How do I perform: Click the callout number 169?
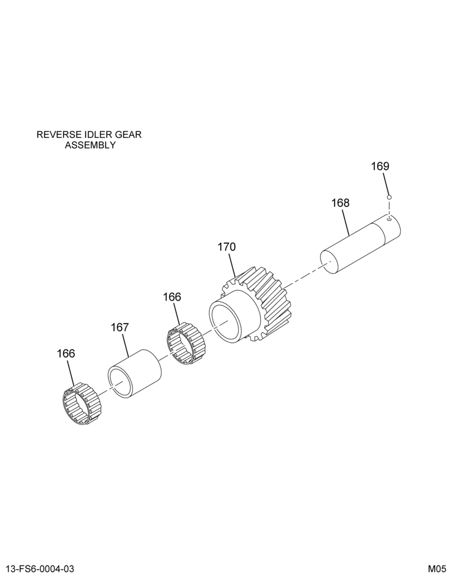(x=380, y=166)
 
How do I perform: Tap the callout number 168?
(x=340, y=203)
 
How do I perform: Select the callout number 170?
(x=226, y=247)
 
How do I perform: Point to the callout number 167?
(x=120, y=327)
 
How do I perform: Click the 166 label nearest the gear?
(x=172, y=297)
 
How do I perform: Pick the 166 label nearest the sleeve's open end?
(x=66, y=354)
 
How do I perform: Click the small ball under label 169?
(x=389, y=197)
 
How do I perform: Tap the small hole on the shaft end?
(x=389, y=220)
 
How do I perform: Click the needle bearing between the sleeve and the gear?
(x=186, y=343)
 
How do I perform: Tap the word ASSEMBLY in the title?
(x=90, y=145)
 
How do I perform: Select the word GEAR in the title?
(x=129, y=134)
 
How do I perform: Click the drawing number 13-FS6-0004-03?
(x=40, y=568)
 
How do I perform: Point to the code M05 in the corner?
(x=436, y=568)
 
